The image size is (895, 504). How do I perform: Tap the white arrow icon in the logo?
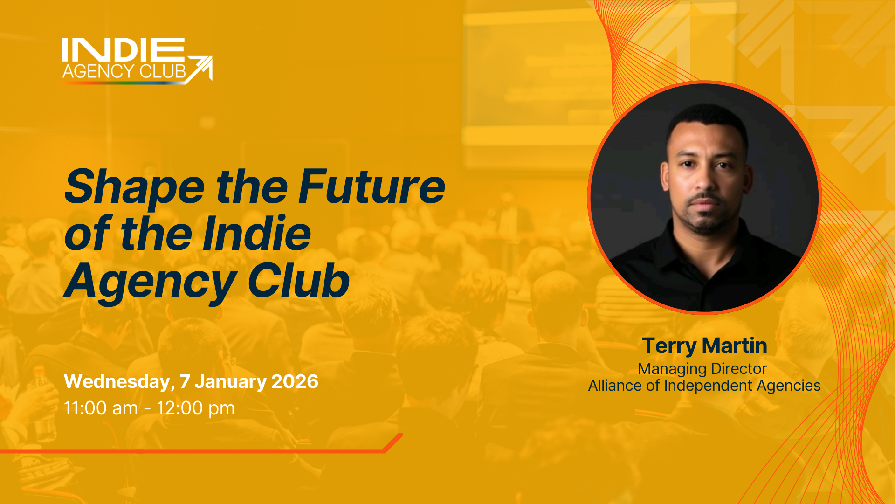click(200, 69)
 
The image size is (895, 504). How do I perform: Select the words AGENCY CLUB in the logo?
click(124, 71)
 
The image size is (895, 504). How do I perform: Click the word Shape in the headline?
click(134, 187)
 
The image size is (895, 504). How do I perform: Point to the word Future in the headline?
click(372, 186)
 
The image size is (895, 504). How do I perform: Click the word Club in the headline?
click(298, 280)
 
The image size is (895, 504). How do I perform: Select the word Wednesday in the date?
click(119, 382)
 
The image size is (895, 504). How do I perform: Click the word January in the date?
click(230, 382)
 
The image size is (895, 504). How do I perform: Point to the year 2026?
click(295, 381)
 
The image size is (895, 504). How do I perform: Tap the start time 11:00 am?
click(101, 408)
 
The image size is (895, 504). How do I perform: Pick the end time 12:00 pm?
click(195, 408)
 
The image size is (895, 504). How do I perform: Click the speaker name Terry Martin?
click(704, 346)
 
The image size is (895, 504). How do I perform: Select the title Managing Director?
click(702, 369)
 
